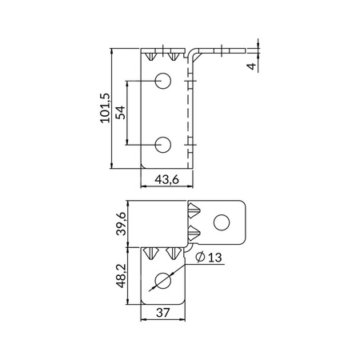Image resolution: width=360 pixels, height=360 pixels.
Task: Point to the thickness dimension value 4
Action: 252,66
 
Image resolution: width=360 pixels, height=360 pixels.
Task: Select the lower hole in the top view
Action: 163,144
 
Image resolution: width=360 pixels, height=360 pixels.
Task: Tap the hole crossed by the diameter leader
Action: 163,282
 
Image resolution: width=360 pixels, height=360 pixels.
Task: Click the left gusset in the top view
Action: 154,56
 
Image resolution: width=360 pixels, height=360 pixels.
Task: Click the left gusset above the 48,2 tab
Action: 152,254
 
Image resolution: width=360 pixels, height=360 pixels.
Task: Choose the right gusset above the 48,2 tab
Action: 170,254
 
